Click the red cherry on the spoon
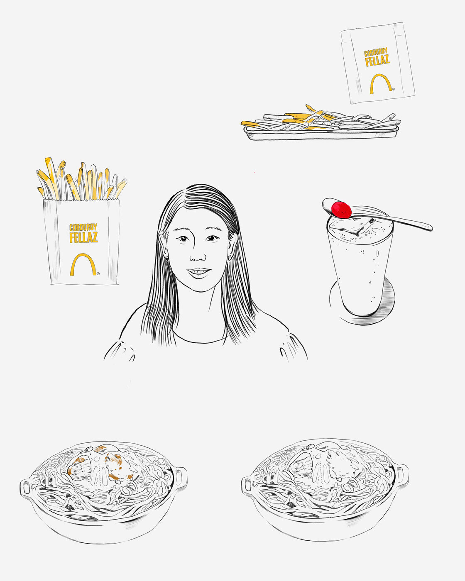(x=341, y=209)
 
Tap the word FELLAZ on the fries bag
(x=83, y=237)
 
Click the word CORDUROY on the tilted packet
(x=376, y=52)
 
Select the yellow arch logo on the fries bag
(x=83, y=264)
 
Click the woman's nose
(x=198, y=255)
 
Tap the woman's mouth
(x=199, y=272)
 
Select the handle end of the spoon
(x=430, y=229)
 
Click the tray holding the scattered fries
(x=321, y=134)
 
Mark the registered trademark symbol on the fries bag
(x=98, y=273)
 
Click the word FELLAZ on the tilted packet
(x=377, y=60)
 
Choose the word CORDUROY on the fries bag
(x=83, y=227)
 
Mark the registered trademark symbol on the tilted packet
(x=394, y=89)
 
